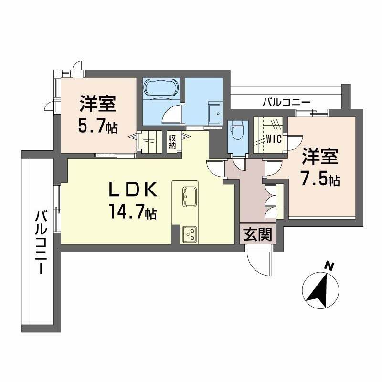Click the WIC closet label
pyautogui.click(x=274, y=140)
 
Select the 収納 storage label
pyautogui.click(x=172, y=142)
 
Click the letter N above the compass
pyautogui.click(x=328, y=265)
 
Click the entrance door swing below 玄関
pyautogui.click(x=258, y=262)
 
